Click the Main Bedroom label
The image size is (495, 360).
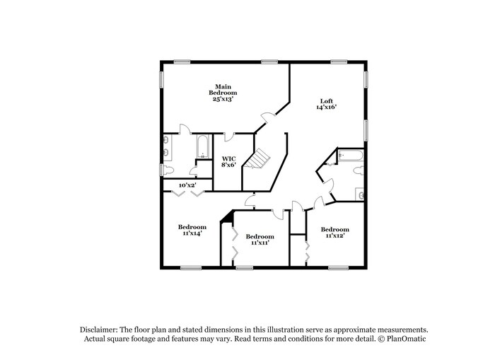[x=222, y=93]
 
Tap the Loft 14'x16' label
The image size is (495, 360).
[x=326, y=104]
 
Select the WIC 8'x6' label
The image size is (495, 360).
[x=228, y=161]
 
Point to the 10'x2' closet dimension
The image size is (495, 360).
[x=187, y=185]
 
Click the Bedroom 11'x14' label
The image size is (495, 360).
[x=192, y=230]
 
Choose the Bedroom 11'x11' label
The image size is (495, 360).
[x=260, y=239]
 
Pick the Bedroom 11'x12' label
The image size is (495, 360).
[x=334, y=232]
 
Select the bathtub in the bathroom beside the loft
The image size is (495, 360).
[x=350, y=156]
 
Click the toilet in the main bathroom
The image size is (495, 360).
[x=167, y=170]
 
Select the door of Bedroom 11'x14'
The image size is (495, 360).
[x=250, y=202]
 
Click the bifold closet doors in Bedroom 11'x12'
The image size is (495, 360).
[x=307, y=251]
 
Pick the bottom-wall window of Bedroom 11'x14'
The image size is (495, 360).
[x=190, y=267]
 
